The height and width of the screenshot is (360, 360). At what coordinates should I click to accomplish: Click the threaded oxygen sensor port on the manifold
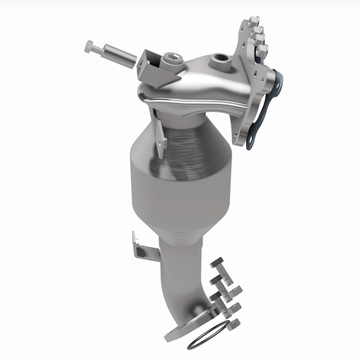221,58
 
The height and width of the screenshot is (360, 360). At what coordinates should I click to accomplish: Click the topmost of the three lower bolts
219,265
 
